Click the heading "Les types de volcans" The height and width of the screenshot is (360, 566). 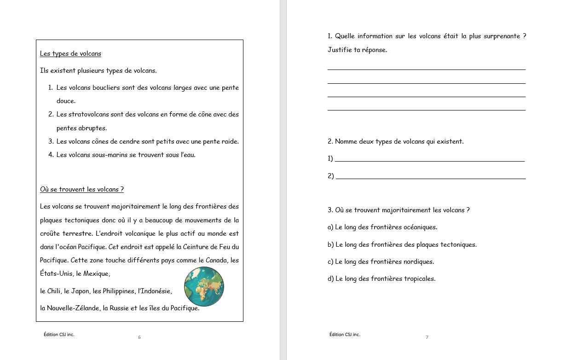70,53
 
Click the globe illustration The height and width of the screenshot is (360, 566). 204,286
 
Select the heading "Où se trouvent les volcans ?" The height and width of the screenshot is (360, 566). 82,189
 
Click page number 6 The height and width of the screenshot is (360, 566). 139,337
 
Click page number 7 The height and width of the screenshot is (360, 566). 427,337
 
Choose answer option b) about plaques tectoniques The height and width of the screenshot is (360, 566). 402,244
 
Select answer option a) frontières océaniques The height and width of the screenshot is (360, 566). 382,227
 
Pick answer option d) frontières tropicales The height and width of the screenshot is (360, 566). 381,279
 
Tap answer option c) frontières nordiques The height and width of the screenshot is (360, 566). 381,261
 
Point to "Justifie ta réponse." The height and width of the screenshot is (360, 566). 358,50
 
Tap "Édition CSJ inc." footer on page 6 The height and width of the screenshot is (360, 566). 59,335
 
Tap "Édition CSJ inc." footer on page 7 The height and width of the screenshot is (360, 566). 345,335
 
